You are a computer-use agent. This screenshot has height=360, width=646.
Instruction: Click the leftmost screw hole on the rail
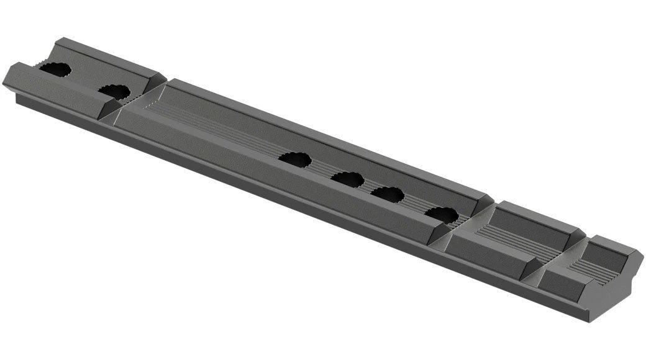pyautogui.click(x=55, y=71)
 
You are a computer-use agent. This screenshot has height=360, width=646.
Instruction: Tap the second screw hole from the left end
pyautogui.click(x=114, y=92)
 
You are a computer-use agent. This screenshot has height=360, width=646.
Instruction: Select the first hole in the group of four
pyautogui.click(x=294, y=159)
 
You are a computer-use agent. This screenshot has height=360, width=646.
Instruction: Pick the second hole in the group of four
pyautogui.click(x=347, y=179)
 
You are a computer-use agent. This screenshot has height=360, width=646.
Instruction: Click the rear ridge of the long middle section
pyautogui.click(x=323, y=137)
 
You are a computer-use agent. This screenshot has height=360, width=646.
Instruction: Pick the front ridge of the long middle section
pyautogui.click(x=280, y=186)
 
